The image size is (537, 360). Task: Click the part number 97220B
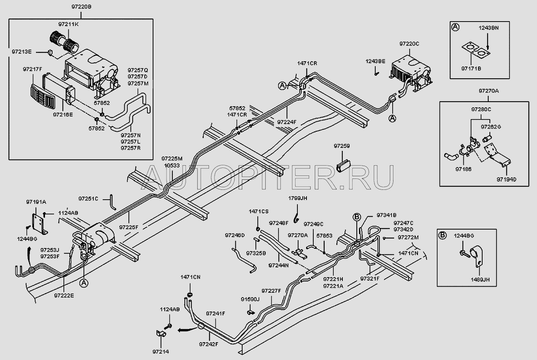tap(81, 6)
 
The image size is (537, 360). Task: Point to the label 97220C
tap(409, 44)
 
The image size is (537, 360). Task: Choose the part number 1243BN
tap(489, 28)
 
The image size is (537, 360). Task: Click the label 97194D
tap(506, 179)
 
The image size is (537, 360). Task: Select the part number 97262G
tap(491, 127)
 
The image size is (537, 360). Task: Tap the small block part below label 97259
tap(343, 165)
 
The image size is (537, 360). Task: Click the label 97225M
tap(172, 159)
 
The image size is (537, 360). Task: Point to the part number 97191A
tap(36, 202)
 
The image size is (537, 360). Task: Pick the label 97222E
tap(64, 295)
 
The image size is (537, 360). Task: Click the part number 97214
tap(160, 352)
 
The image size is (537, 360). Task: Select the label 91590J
tap(250, 299)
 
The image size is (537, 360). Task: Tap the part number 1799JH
tap(298, 198)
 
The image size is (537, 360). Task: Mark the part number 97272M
tap(408, 237)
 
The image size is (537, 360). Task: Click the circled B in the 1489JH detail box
tap(443, 234)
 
